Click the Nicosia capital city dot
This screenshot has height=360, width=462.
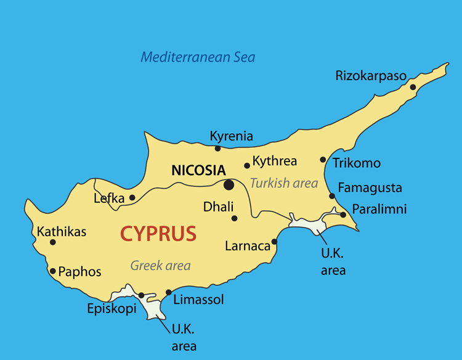229,184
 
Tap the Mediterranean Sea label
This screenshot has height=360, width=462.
198,57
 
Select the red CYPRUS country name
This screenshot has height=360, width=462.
158,234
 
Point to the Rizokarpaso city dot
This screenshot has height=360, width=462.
413,87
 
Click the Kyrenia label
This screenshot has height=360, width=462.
231,136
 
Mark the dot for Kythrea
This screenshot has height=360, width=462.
247,165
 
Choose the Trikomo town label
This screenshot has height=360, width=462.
357,163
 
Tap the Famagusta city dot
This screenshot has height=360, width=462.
332,196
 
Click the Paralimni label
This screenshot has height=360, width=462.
379,209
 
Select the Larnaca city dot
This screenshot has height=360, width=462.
274,241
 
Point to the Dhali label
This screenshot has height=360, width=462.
218,207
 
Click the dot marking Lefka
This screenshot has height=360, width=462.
132,198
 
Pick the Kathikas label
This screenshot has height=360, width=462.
62,232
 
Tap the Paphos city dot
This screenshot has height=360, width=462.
53,271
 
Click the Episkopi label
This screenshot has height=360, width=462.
111,309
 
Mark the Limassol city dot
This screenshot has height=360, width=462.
169,292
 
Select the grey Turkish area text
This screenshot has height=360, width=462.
284,183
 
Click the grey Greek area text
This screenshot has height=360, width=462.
160,266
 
